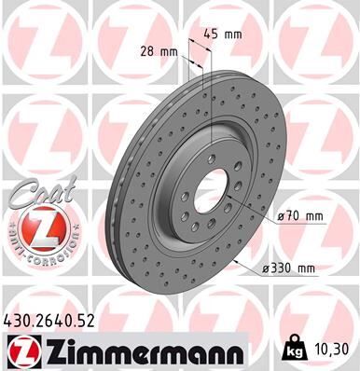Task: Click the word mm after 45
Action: tap(234, 34)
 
